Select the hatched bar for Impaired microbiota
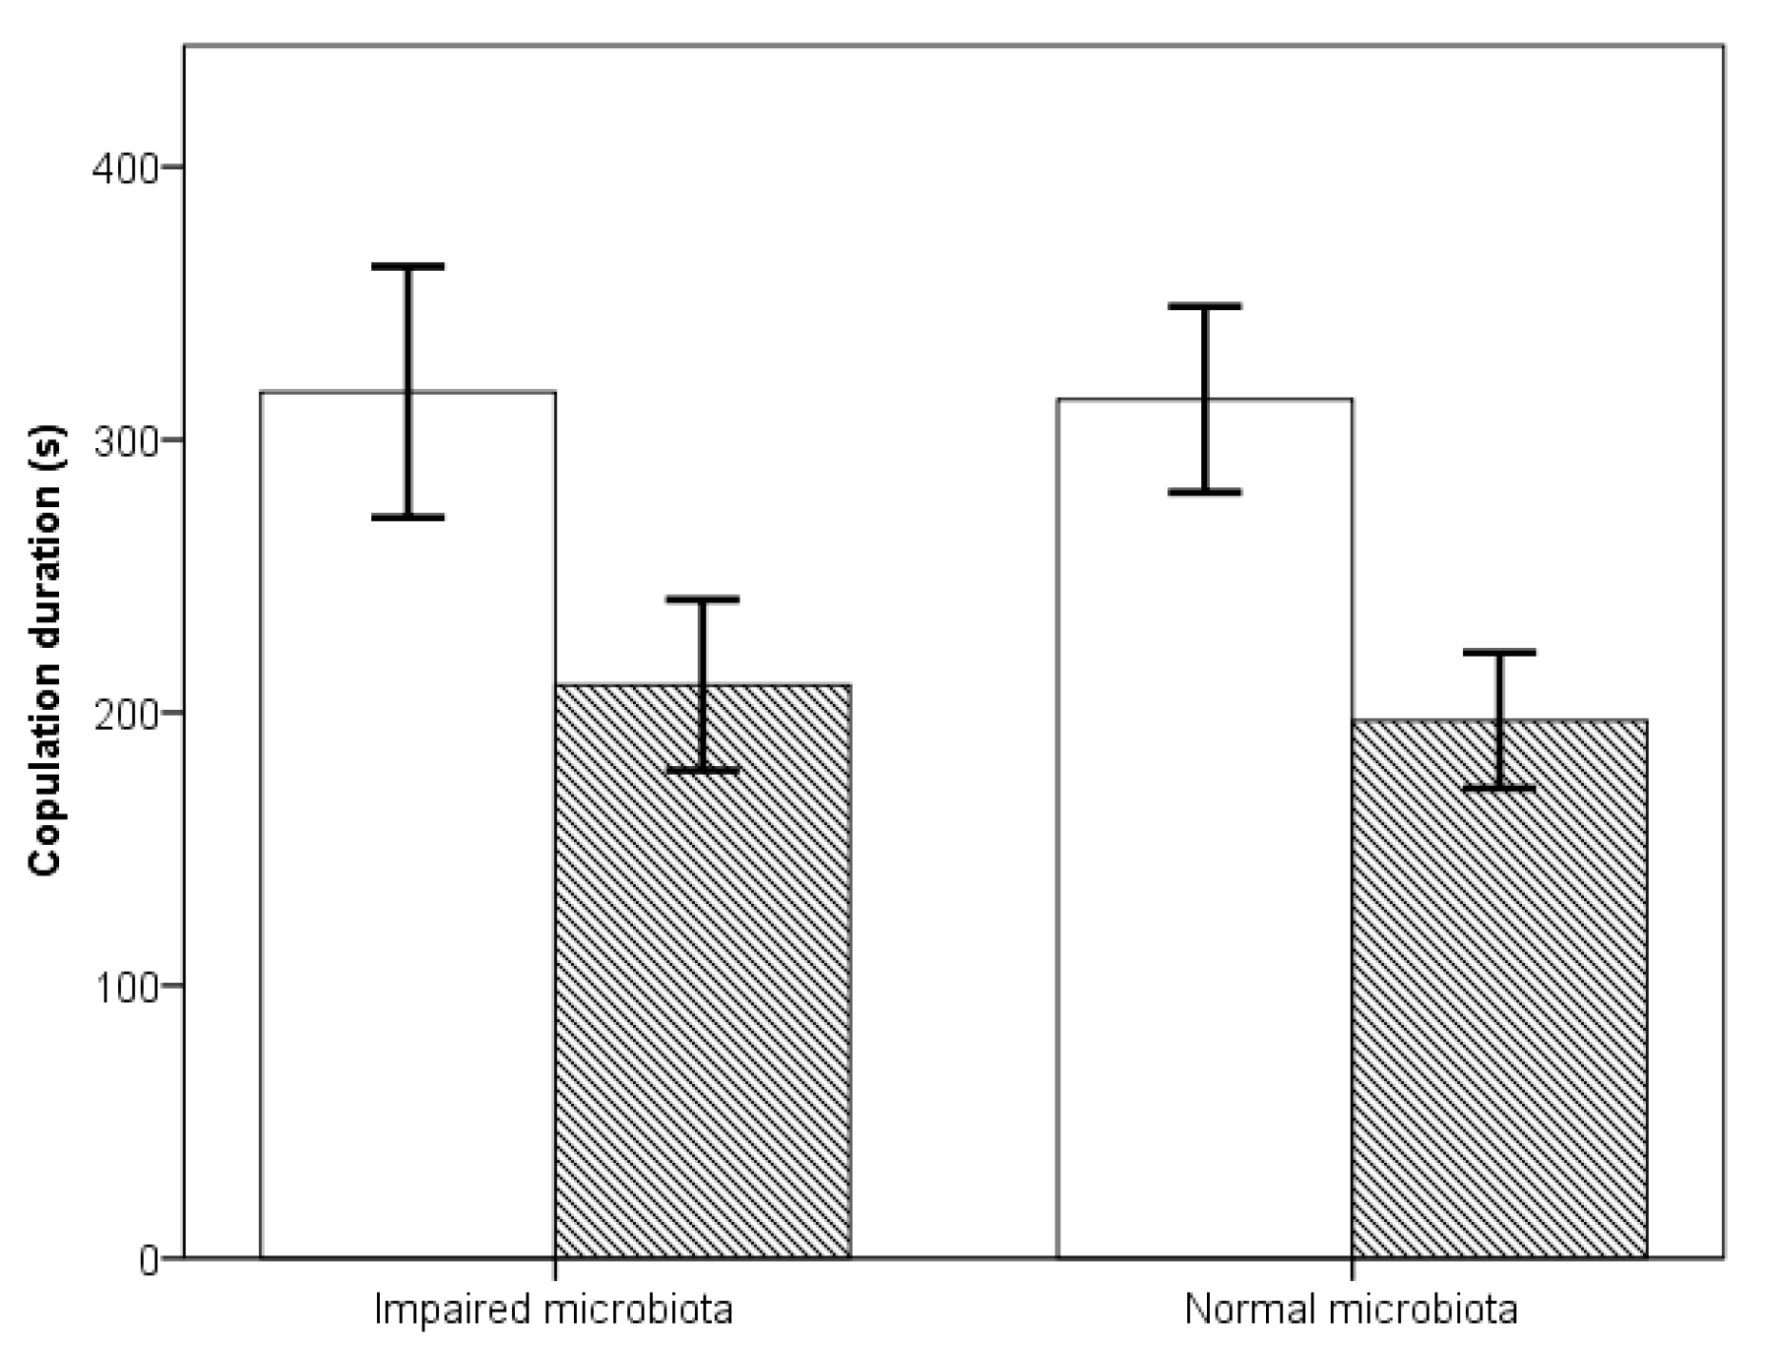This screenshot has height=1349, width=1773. tap(703, 985)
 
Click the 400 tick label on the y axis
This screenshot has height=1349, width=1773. tap(125, 168)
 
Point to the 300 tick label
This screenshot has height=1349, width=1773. tap(125, 441)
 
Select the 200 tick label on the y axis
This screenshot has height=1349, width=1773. tap(125, 714)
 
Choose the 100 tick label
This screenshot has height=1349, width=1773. tap(125, 987)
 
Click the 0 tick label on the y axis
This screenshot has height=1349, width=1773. tap(149, 1259)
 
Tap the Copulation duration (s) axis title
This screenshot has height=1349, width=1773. tap(46, 650)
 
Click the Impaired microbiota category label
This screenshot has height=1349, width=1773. tap(553, 1310)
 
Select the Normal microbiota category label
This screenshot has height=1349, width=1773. tap(1351, 1310)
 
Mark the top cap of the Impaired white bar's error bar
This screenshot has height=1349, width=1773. tap(408, 267)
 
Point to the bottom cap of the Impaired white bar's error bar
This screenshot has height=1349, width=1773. tap(408, 517)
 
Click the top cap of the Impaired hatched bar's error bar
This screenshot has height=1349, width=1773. tap(703, 599)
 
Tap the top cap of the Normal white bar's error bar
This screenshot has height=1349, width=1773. tap(1204, 306)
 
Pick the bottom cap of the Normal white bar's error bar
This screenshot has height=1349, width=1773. tap(1204, 491)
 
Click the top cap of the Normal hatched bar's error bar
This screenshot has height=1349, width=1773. tap(1499, 652)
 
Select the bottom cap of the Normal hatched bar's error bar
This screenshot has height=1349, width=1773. tap(1499, 788)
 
